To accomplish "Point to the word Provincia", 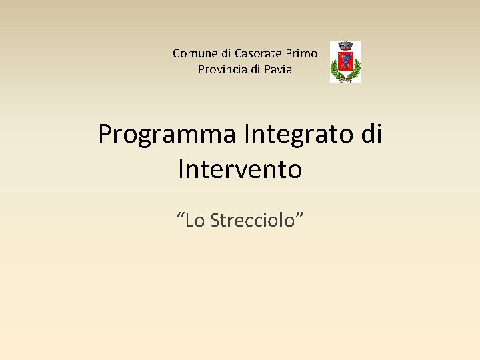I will [x=223, y=69].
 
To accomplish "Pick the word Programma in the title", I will [x=167, y=135].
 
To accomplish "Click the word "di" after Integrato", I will [x=371, y=134].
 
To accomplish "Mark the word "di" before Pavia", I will [x=256, y=69].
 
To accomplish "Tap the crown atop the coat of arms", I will [x=345, y=46].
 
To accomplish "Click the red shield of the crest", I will [x=345, y=62].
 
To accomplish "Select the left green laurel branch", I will [x=335, y=69].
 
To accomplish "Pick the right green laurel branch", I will [x=357, y=69].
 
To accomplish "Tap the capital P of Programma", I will [x=105, y=135].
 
